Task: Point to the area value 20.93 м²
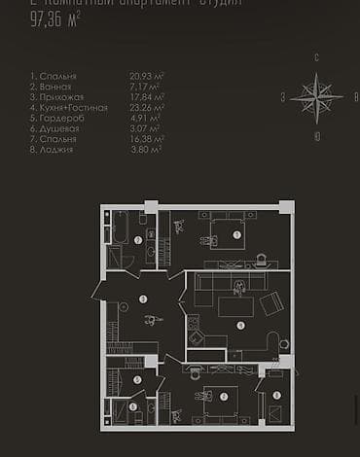pos(146,75)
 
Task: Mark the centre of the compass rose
pos(316,97)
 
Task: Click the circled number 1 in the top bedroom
pos(238,233)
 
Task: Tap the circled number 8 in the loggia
pos(275,395)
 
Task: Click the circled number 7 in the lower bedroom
pos(223,395)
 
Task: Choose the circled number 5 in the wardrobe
pos(137,380)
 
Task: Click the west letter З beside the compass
pos(283,96)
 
